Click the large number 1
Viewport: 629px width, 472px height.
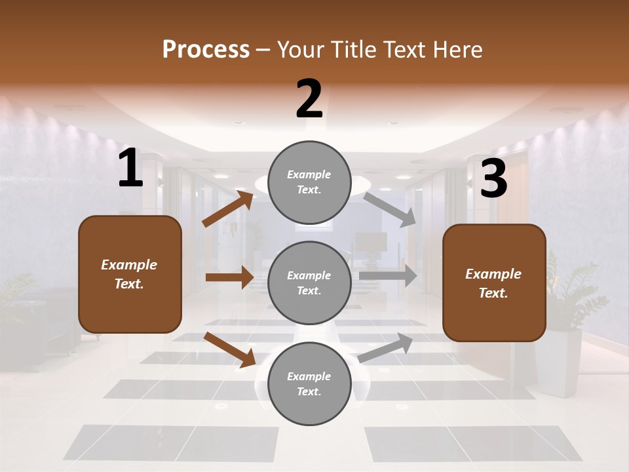pos(130,168)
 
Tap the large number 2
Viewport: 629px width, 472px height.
pos(309,99)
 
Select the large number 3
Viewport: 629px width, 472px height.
pos(493,180)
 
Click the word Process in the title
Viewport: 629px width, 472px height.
pos(206,49)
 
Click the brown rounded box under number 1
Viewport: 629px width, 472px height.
pos(130,274)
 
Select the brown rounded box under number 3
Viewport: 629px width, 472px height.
pos(494,283)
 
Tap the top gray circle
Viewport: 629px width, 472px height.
pos(309,182)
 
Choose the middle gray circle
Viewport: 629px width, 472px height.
pos(309,283)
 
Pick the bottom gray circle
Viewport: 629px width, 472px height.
pos(309,383)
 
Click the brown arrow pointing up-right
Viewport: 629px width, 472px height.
pos(228,208)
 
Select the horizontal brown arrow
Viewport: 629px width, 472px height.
pos(229,277)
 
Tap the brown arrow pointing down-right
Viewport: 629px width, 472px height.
pos(230,349)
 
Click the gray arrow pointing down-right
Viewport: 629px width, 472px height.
pos(391,209)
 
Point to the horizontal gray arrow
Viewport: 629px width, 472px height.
pos(388,276)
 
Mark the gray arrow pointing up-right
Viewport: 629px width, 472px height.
pos(386,347)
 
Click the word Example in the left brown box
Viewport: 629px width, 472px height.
pos(129,265)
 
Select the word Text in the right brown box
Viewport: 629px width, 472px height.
pos(493,293)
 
